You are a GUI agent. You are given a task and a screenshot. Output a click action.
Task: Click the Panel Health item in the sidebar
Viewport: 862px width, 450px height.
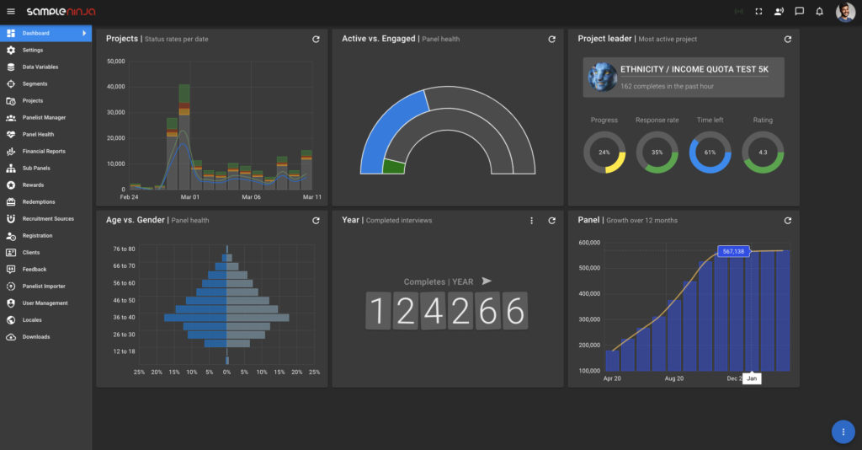coord(38,134)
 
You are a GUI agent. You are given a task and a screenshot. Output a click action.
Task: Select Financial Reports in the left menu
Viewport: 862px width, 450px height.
coord(43,151)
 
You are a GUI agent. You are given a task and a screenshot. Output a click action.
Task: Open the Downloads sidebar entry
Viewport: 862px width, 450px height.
coord(35,336)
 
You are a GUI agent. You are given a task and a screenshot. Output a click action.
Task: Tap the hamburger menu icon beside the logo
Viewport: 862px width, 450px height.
coord(11,12)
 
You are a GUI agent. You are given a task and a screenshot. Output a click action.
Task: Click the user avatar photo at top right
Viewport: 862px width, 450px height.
coord(845,12)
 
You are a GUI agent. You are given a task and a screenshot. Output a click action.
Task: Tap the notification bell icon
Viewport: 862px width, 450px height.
coord(819,12)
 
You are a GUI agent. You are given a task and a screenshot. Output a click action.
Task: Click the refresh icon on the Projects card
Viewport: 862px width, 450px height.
coord(316,39)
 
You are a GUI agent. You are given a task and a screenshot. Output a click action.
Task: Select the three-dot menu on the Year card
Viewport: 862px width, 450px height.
coord(531,221)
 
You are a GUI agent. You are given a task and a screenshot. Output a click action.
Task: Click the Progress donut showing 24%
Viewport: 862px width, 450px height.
coord(604,153)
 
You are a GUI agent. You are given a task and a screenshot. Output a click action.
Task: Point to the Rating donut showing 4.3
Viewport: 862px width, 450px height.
coord(763,153)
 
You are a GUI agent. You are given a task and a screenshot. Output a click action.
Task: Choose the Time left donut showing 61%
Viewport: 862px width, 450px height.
coord(710,153)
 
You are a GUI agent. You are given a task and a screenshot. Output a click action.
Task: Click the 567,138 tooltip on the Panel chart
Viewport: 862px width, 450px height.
coord(733,251)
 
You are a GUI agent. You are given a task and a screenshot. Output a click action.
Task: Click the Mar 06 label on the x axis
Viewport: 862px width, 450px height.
coord(251,197)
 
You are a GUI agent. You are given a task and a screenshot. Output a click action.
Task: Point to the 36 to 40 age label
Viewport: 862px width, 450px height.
coord(124,318)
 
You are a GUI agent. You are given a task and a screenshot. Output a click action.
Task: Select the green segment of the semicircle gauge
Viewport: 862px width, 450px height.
coord(393,166)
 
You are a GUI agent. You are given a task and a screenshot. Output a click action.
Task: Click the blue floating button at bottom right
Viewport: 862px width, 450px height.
coord(843,431)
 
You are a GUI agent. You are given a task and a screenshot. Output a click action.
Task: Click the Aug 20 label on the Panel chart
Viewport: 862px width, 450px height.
coord(673,379)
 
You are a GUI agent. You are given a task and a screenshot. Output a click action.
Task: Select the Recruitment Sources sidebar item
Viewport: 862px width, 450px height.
coord(48,218)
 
